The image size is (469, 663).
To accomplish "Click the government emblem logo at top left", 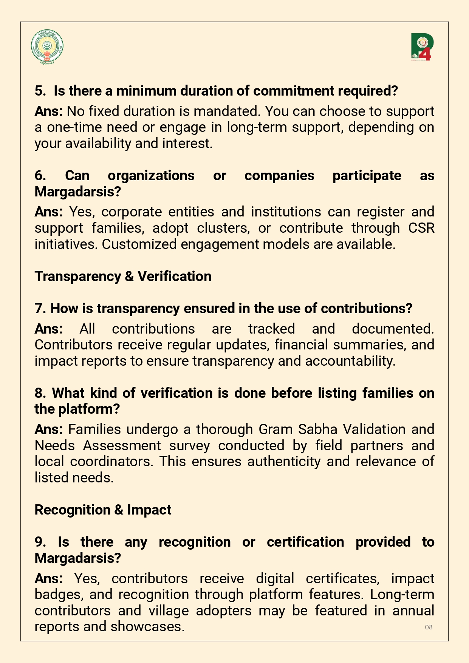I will tap(47, 47).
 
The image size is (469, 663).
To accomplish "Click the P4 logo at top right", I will tap(422, 47).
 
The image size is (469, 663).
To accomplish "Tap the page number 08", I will tap(429, 627).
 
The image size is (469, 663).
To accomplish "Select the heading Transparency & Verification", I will tap(123, 277).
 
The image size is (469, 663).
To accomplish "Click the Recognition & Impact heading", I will tap(103, 510).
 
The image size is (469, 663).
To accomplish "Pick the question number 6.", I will tap(40, 176).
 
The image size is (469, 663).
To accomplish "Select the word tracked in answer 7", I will tap(271, 329).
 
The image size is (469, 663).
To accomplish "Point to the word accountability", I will tap(350, 361).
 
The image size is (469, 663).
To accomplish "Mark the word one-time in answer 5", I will tap(73, 127).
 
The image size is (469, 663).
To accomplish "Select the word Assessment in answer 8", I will tap(122, 446).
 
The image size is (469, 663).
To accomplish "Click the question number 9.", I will tap(40, 542).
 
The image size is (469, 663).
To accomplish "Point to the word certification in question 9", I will tap(305, 542).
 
